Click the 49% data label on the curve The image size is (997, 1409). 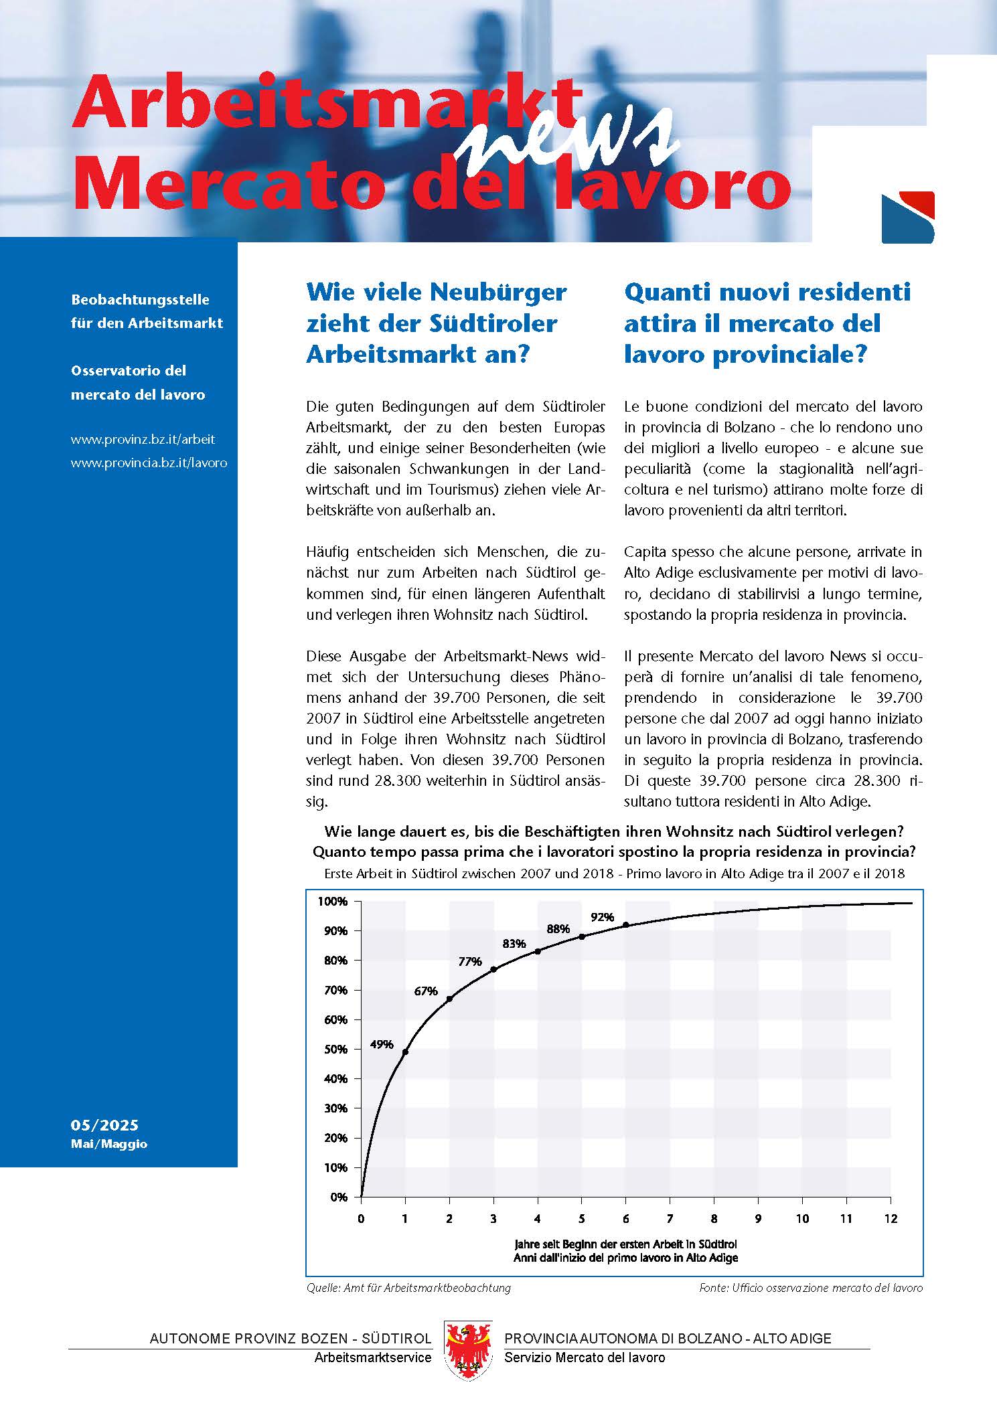(382, 1044)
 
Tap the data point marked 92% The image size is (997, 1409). (625, 925)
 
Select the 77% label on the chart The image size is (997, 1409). (470, 962)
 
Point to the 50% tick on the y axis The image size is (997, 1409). (336, 1050)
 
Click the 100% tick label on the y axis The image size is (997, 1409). (333, 902)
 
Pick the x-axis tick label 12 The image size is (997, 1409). (890, 1219)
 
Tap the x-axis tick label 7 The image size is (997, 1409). (670, 1219)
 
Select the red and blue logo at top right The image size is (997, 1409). (907, 218)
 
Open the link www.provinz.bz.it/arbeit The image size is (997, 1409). (143, 440)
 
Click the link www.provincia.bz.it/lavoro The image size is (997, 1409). (149, 463)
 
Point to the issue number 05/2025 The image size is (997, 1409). (104, 1125)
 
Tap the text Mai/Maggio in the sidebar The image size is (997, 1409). (109, 1144)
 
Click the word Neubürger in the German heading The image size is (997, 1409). (497, 293)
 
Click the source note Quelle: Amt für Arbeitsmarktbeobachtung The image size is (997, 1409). (408, 1287)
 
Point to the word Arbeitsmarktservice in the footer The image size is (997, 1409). (373, 1357)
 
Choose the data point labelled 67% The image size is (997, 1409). (449, 999)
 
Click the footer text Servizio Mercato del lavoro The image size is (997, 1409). (585, 1357)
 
